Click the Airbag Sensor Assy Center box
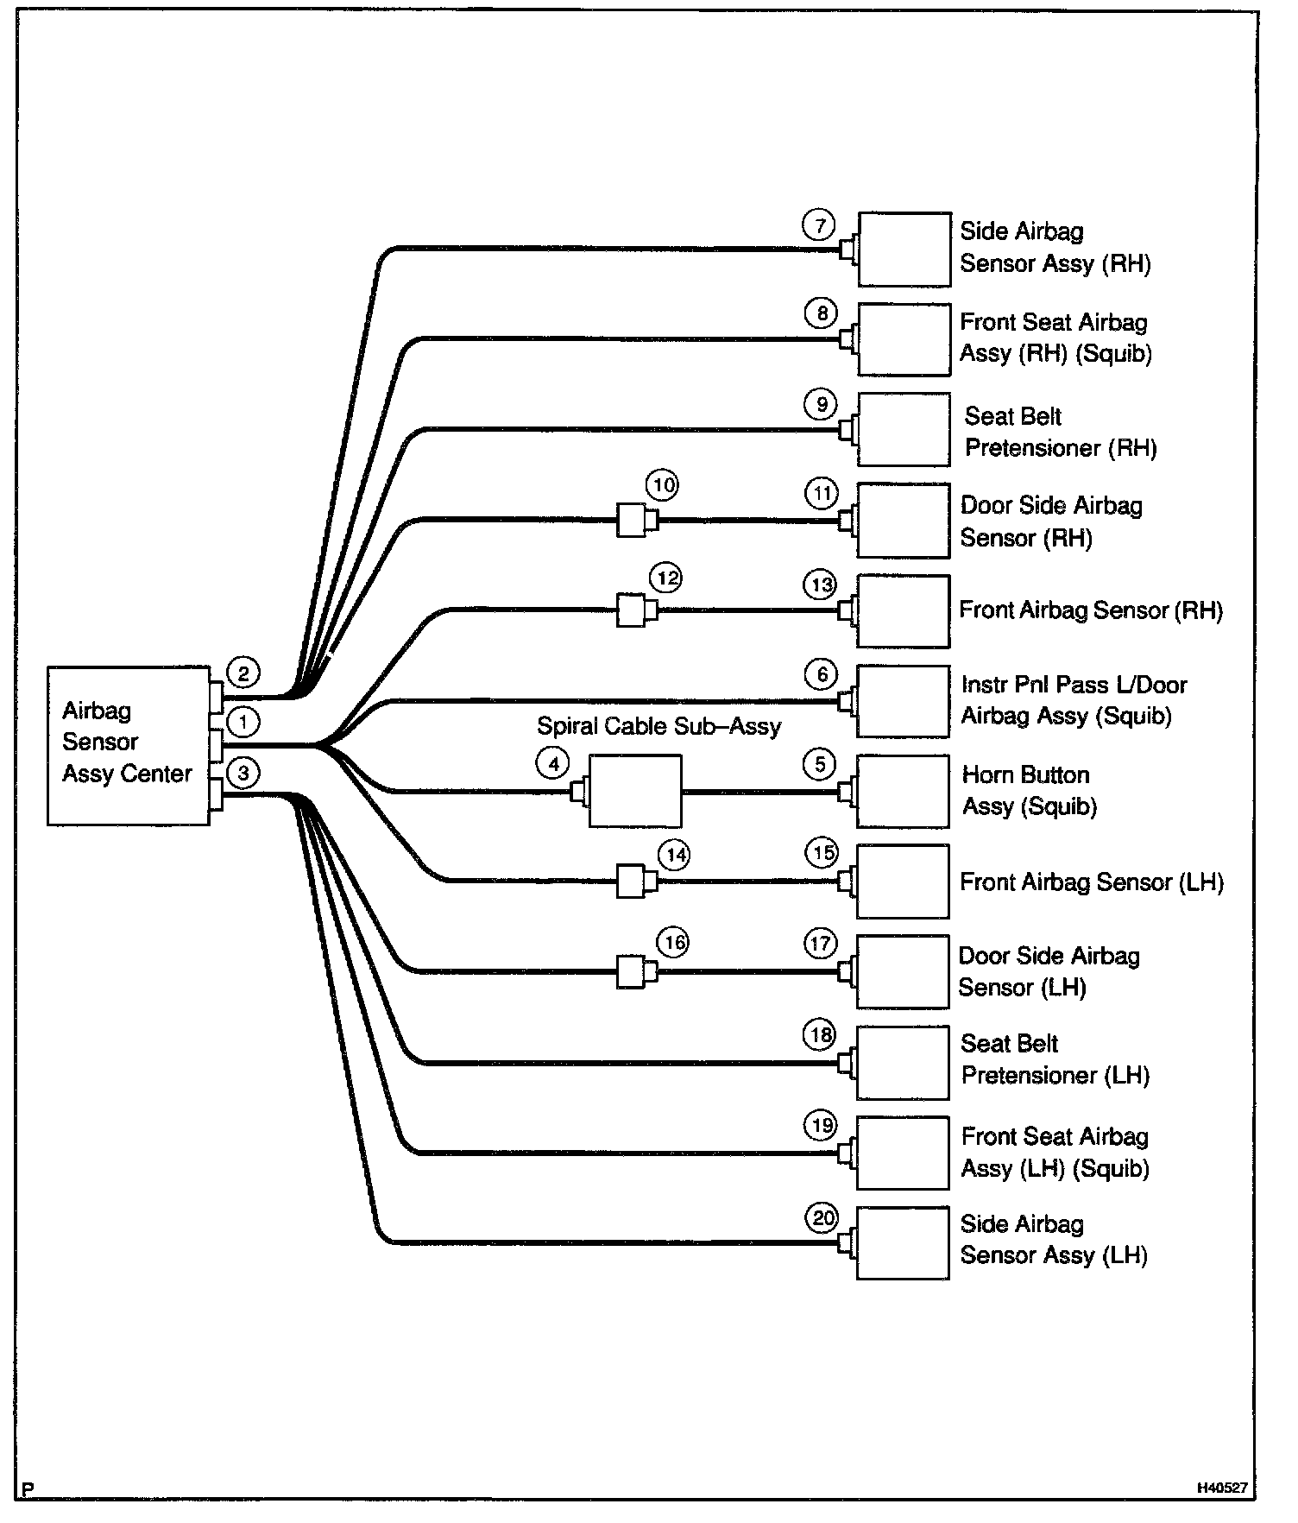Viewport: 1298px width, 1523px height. pyautogui.click(x=128, y=745)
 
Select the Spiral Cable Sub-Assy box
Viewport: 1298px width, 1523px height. pyautogui.click(x=634, y=791)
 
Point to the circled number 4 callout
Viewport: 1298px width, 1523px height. pyautogui.click(x=553, y=763)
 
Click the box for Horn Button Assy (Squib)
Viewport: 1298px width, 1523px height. pyautogui.click(x=903, y=792)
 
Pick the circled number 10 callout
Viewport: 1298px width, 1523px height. pyautogui.click(x=663, y=486)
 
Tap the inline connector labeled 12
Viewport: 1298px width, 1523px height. pyautogui.click(x=632, y=610)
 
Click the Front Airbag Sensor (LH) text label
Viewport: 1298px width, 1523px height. pyautogui.click(x=1092, y=882)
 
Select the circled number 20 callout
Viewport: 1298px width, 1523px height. pyautogui.click(x=822, y=1218)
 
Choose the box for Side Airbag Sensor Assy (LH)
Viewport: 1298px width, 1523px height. pyautogui.click(x=903, y=1242)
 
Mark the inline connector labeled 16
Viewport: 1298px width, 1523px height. pyautogui.click(x=632, y=972)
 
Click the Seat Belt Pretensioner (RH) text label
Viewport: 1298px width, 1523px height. pyautogui.click(x=1060, y=433)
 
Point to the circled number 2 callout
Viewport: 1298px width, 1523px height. pyautogui.click(x=243, y=673)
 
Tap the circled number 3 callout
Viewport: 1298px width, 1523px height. pyautogui.click(x=243, y=773)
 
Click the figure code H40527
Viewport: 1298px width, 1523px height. pyautogui.click(x=1221, y=1488)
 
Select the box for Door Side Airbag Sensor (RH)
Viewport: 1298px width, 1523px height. pyautogui.click(x=903, y=521)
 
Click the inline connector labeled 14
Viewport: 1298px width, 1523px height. pyautogui.click(x=632, y=882)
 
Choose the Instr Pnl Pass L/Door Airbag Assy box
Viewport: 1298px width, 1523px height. pyautogui.click(x=903, y=701)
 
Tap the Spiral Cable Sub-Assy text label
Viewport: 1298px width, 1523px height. pyautogui.click(x=658, y=726)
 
